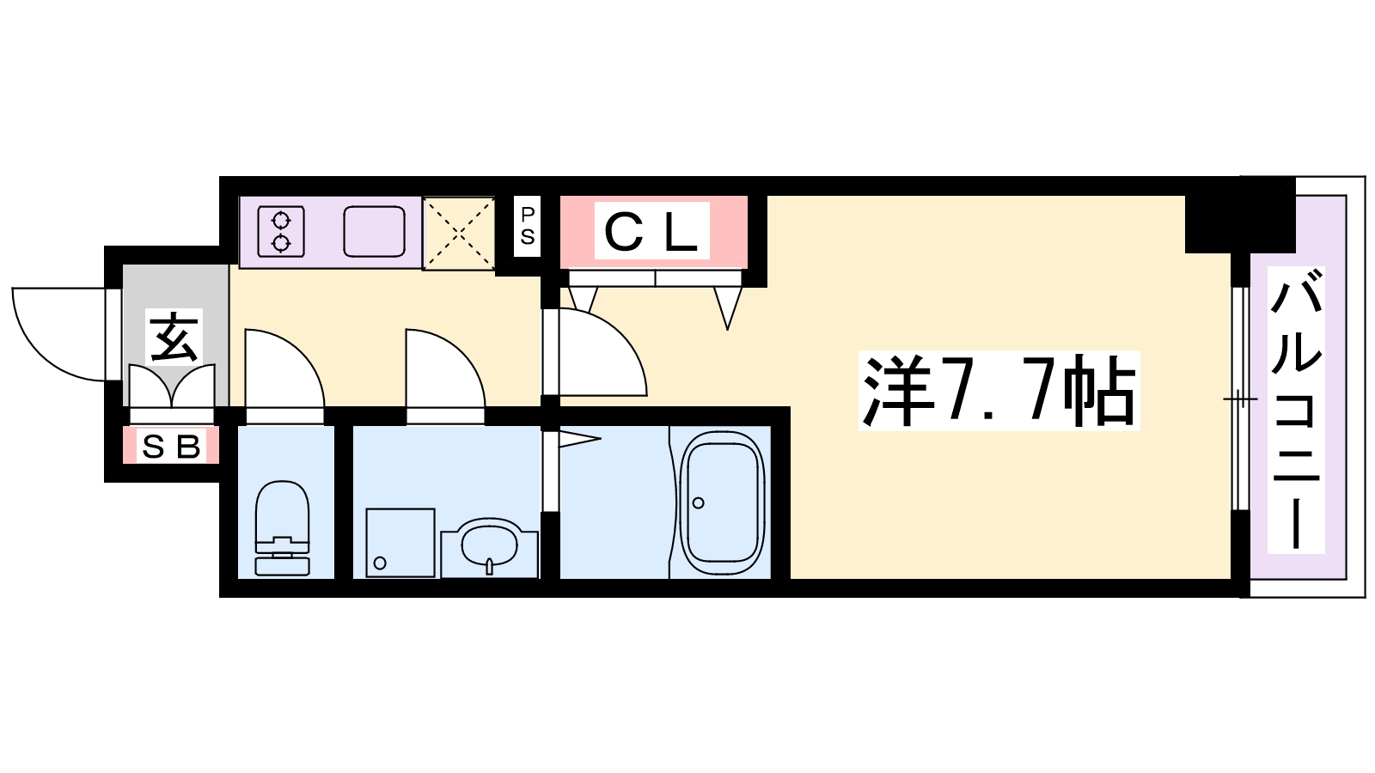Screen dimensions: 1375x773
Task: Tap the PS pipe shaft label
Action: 528,225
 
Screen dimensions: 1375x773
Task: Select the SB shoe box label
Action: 171,447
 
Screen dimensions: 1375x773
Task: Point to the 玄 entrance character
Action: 174,337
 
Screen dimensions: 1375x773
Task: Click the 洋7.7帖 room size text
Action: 998,391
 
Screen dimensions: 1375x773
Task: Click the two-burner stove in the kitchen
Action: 281,231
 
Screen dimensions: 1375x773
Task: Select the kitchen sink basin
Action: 374,231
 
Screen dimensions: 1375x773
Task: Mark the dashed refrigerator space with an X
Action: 459,233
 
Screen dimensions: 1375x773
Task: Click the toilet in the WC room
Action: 282,527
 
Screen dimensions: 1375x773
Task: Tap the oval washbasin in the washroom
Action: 489,546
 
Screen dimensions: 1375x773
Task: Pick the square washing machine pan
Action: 400,542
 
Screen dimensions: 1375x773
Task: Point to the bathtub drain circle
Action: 698,503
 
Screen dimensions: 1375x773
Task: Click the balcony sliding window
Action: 1241,399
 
